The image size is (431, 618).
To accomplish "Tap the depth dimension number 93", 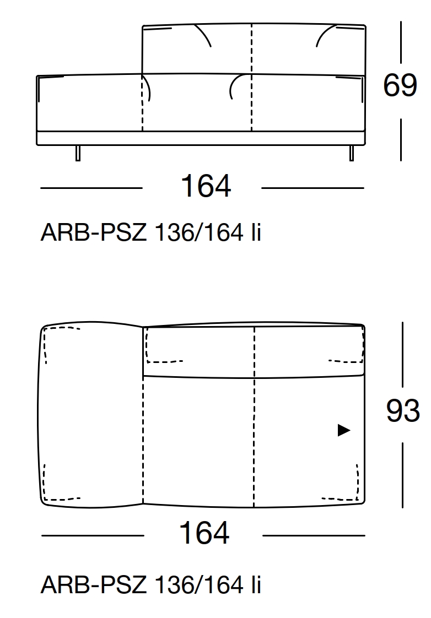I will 402,411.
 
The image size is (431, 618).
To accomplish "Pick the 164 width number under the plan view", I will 204,533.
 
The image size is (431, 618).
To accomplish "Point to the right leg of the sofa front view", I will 351,153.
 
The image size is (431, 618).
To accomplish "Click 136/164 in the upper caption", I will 199,234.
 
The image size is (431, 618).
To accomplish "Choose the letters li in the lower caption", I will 255,584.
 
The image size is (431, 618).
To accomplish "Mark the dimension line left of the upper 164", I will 91,188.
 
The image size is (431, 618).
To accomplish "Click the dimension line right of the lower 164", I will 313,535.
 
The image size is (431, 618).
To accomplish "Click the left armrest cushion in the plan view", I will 91,413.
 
